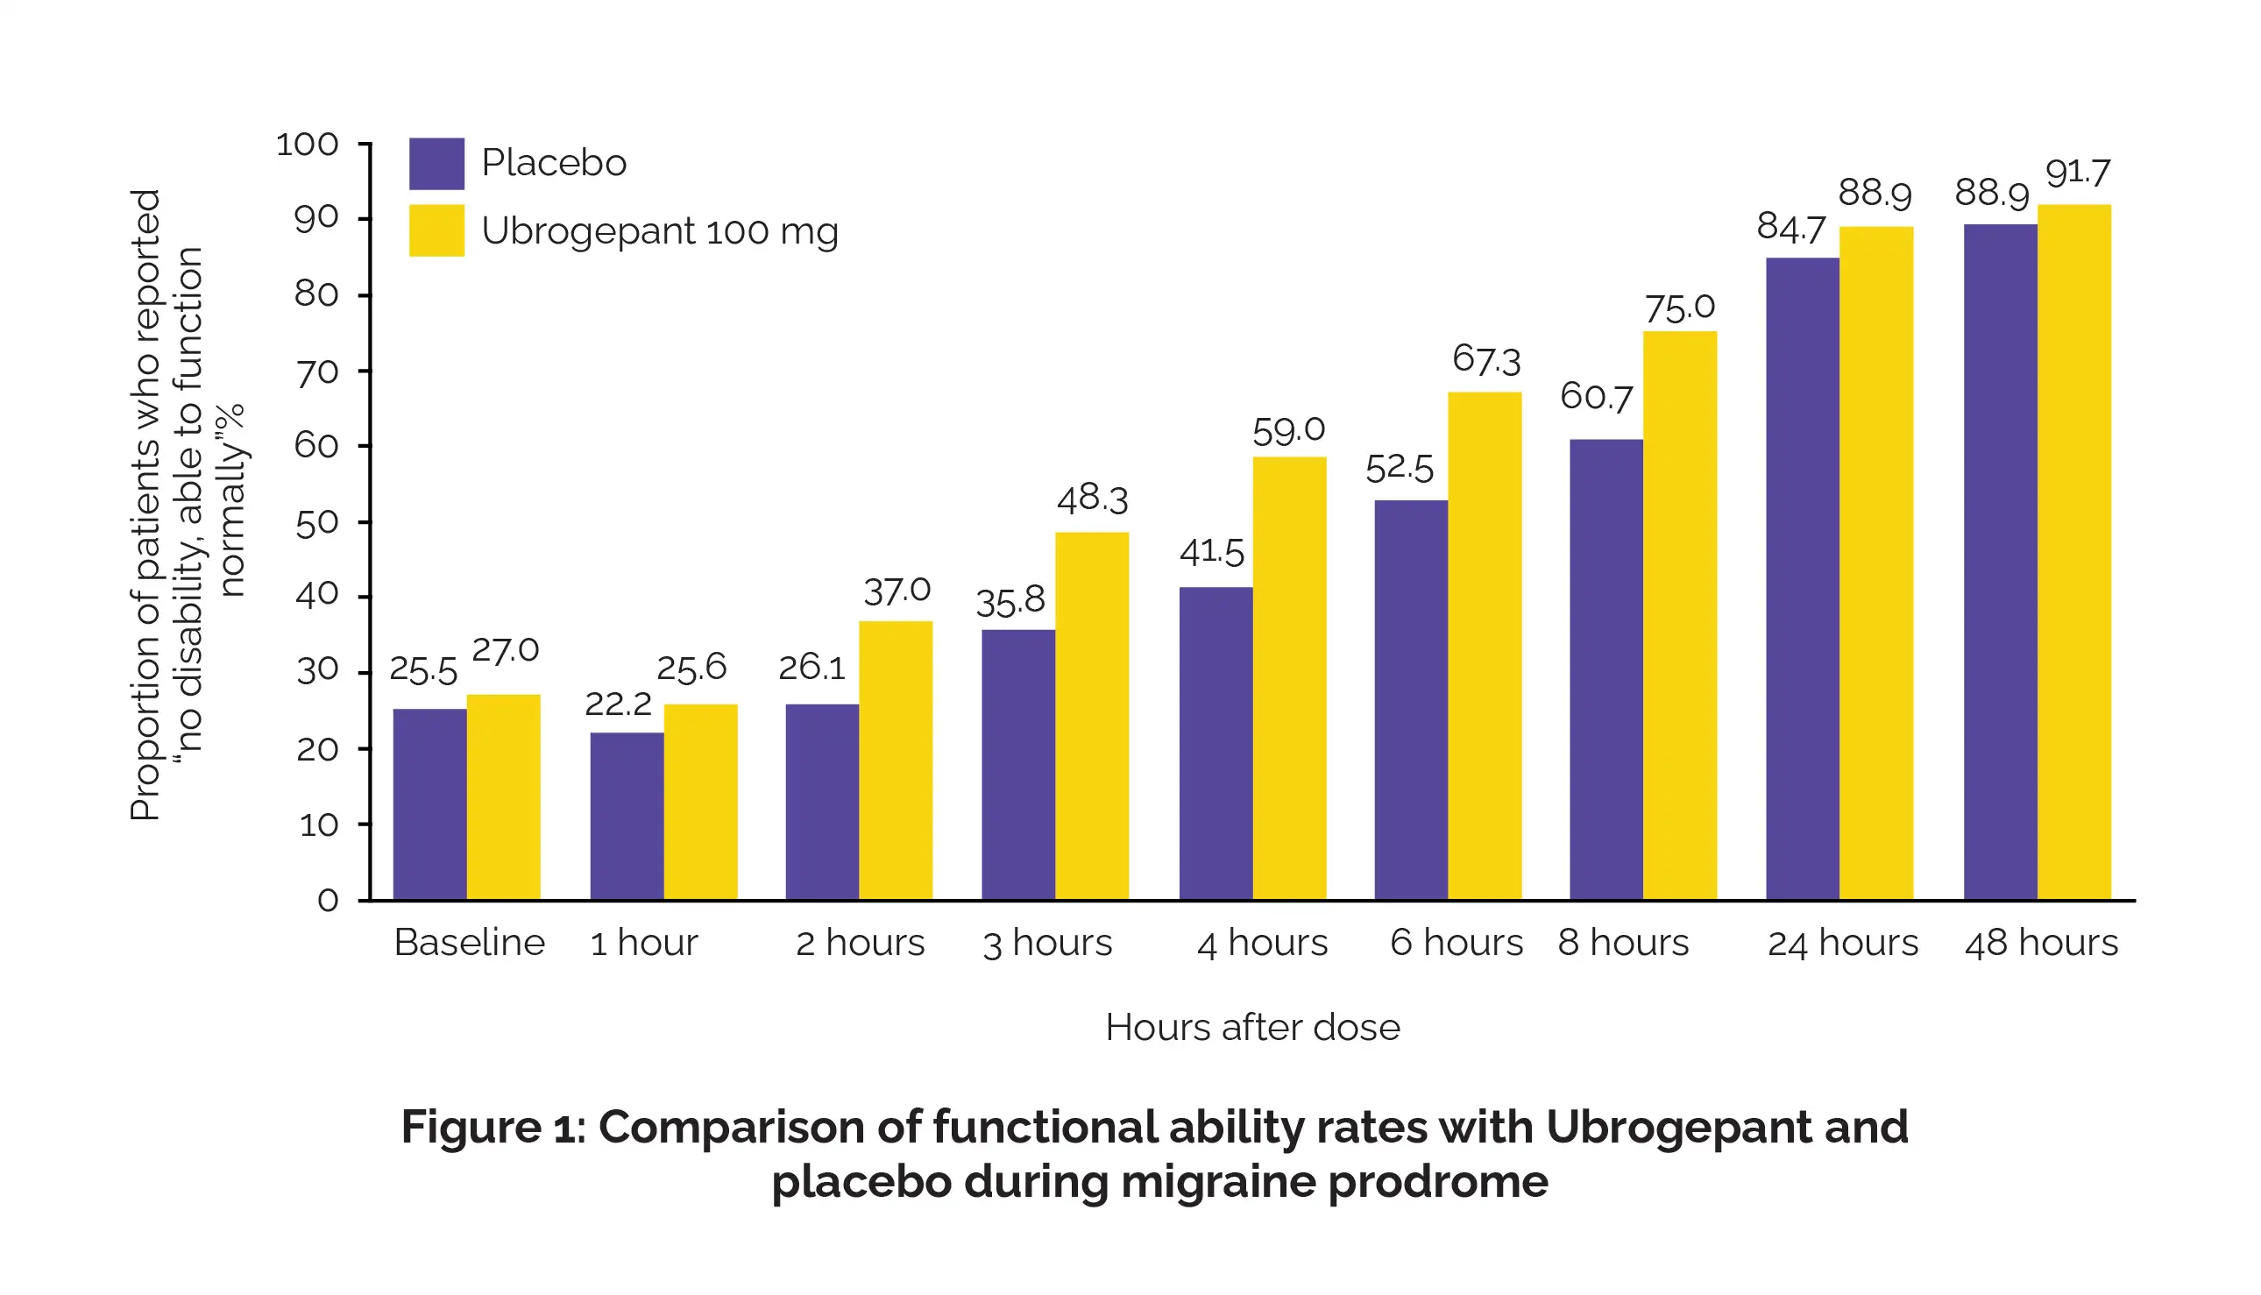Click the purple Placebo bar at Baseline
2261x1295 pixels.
tap(429, 804)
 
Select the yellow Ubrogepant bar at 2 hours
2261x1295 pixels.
tap(895, 761)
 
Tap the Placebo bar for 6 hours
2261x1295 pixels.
tap(1411, 700)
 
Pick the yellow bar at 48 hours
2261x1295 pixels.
tap(2073, 551)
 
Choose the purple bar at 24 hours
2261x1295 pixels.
tap(1802, 578)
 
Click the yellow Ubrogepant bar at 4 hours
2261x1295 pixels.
tap(1289, 678)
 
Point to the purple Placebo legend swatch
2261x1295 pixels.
tap(436, 164)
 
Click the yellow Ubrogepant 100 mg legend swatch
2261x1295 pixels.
tap(436, 231)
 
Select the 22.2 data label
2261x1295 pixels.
tap(617, 704)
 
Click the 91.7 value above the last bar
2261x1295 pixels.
tap(2077, 173)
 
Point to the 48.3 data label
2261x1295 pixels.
tap(1091, 499)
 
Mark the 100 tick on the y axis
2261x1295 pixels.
tap(307, 144)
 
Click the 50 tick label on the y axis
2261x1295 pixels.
tap(316, 523)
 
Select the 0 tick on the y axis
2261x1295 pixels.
tap(328, 900)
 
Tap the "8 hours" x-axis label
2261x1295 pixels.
tap(1622, 943)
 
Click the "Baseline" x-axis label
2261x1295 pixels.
tap(469, 943)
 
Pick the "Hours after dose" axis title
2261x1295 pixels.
tap(1251, 1027)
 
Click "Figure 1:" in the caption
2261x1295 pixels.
tap(493, 1127)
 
